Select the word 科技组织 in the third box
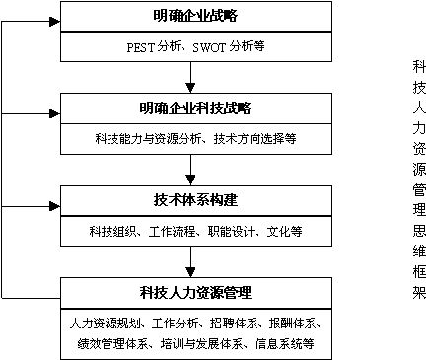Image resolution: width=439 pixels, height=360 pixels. click(x=110, y=231)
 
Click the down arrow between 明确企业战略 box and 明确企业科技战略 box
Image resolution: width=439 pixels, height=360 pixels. click(x=188, y=78)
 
